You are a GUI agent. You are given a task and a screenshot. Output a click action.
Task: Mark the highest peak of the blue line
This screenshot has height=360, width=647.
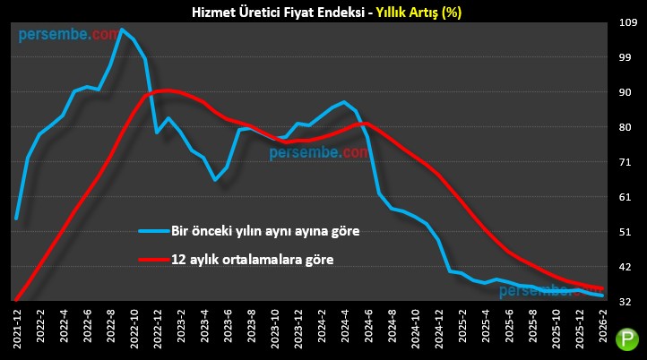point(122,30)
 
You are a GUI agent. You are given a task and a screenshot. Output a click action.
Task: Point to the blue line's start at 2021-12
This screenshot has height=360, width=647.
point(17,218)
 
